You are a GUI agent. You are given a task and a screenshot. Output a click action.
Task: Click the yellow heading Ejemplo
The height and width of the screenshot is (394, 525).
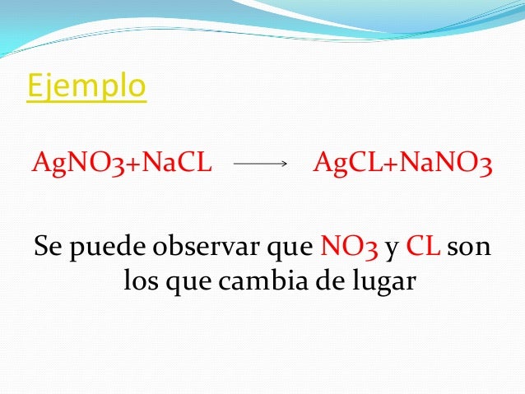86,86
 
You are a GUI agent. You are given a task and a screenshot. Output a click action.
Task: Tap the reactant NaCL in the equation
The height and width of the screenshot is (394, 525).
178,164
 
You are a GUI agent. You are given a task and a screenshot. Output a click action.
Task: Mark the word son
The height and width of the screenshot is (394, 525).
472,247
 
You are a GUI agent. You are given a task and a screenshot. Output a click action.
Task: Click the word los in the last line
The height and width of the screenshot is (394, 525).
142,282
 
